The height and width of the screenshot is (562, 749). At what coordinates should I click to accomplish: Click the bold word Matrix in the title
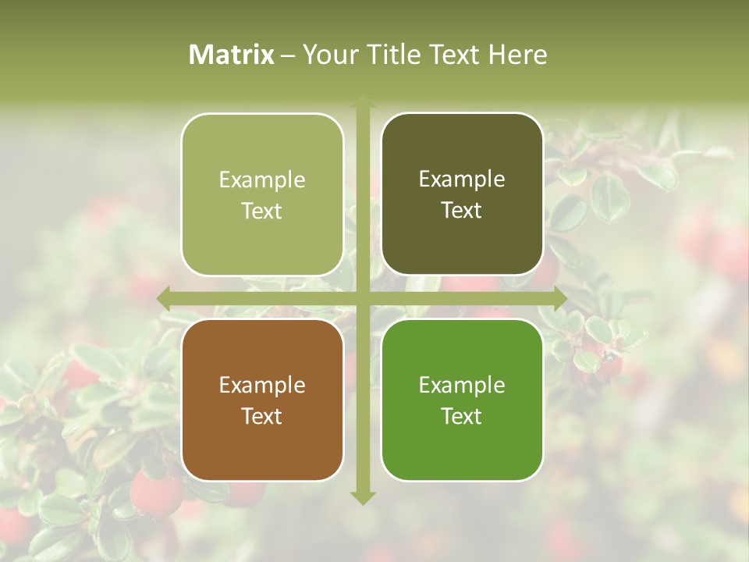tap(232, 55)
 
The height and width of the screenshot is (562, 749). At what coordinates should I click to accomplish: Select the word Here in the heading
tap(517, 55)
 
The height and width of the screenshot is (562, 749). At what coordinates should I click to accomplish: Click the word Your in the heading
tap(328, 55)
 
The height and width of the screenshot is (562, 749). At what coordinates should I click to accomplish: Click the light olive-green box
tap(262, 194)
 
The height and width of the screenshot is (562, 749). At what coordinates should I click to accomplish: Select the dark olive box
tap(462, 194)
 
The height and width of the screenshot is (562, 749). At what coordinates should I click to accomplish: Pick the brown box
tap(262, 400)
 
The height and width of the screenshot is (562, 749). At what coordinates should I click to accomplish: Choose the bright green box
tap(462, 400)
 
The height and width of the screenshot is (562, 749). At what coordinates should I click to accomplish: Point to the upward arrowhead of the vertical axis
tap(363, 101)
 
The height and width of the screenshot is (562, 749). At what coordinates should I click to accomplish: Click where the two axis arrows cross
tap(363, 298)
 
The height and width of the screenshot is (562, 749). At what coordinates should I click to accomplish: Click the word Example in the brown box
tap(262, 385)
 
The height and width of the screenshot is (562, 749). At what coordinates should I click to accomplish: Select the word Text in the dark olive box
tap(462, 210)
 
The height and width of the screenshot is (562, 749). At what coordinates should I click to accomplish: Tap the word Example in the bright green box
tap(462, 385)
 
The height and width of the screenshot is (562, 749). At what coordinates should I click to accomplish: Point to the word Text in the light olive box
tap(262, 211)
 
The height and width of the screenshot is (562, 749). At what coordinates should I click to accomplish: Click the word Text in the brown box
tap(262, 416)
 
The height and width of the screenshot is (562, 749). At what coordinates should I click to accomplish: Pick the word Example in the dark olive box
tap(462, 179)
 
